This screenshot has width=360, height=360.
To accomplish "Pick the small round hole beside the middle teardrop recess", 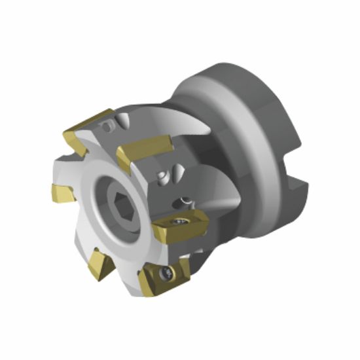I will coord(160,177).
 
